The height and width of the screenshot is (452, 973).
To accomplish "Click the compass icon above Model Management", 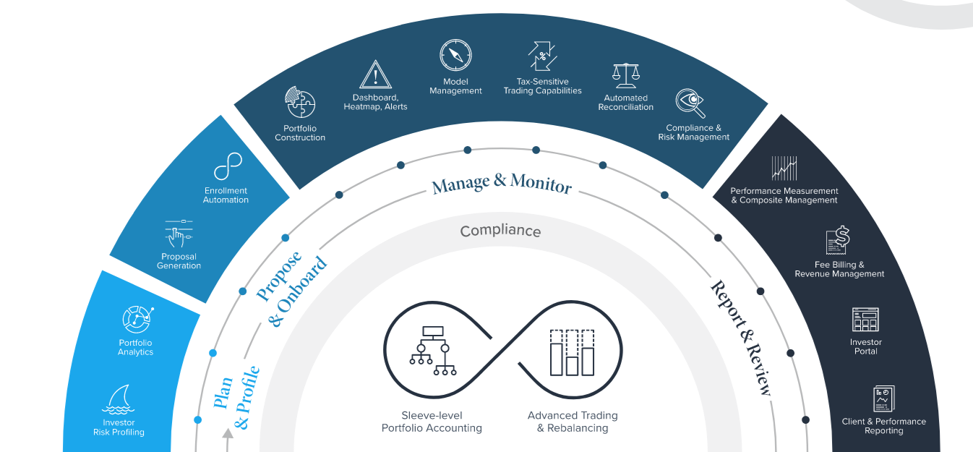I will coord(455,56).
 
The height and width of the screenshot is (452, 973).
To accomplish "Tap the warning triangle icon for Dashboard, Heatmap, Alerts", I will coord(375,74).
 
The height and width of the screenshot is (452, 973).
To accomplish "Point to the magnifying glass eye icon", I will coord(690,103).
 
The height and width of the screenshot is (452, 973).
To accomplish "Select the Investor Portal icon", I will coord(865,320).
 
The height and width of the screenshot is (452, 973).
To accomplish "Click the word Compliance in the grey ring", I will coord(500,231).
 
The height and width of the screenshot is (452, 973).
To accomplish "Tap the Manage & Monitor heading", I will coord(502,183).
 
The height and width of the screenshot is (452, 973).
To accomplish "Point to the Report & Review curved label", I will coord(741,337).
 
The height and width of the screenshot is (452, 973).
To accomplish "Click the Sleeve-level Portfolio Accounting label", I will coord(432,422).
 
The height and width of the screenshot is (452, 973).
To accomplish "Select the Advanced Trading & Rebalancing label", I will coord(573,422).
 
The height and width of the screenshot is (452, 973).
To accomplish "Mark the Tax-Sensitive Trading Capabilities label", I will coord(542,86).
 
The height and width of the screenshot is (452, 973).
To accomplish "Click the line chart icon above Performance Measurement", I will coord(784,169).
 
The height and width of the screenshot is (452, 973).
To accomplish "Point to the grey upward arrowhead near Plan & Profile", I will coord(228,434).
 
